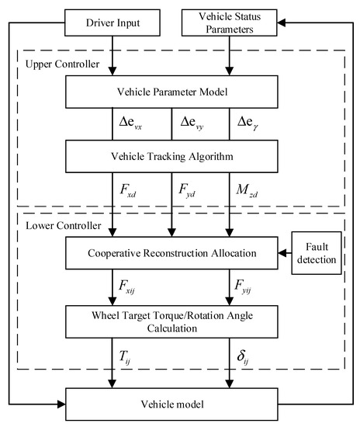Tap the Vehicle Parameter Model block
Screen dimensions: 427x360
tap(172, 92)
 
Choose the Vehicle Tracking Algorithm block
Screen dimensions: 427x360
tap(172, 154)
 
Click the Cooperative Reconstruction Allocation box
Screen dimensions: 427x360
tap(172, 253)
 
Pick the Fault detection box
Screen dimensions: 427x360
tap(316, 252)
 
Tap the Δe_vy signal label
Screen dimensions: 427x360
tap(195, 123)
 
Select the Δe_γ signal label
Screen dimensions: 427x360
tap(248, 123)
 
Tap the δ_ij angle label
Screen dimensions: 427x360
tap(247, 355)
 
